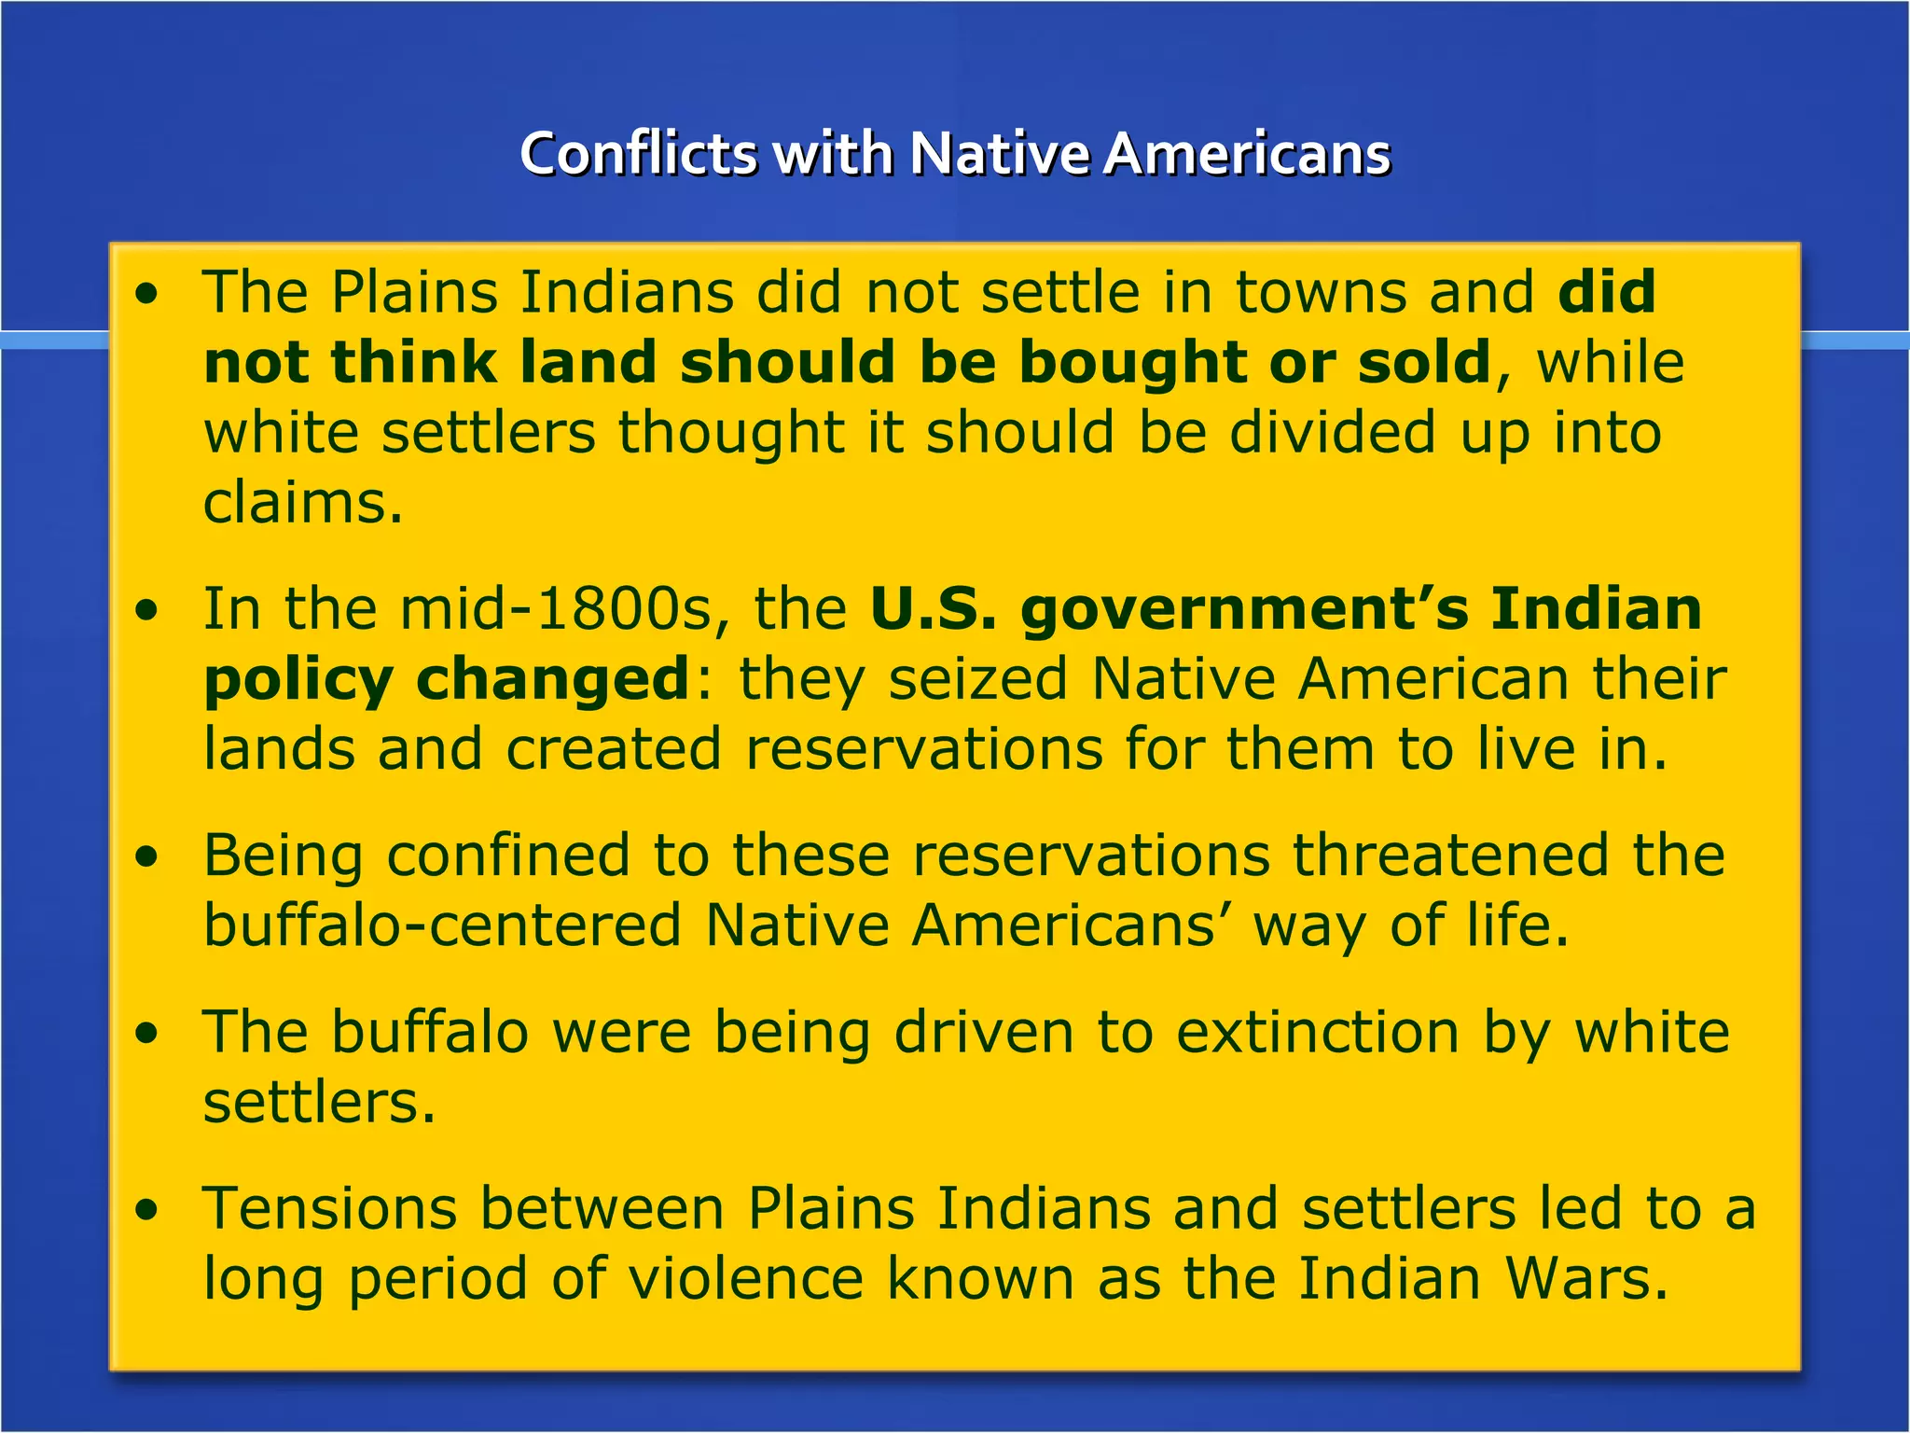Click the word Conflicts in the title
point(638,153)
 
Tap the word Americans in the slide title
point(1247,153)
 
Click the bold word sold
point(1424,362)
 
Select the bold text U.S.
point(933,608)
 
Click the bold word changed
point(552,678)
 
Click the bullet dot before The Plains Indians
point(146,296)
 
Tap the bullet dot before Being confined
point(146,857)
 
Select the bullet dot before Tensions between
point(146,1211)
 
